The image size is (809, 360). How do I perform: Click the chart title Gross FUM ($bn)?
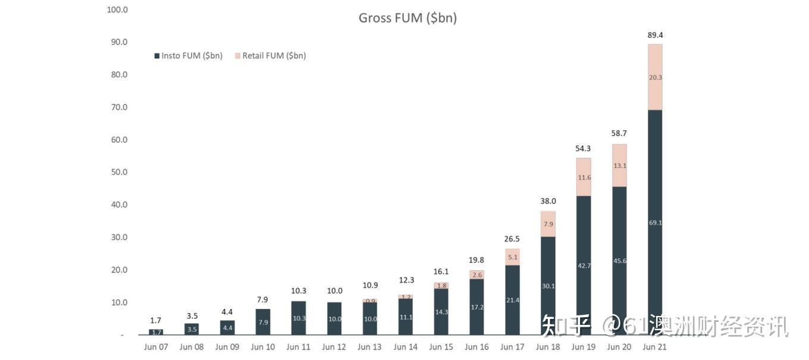point(407,18)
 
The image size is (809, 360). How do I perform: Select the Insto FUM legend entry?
point(188,56)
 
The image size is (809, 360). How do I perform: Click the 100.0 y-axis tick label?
point(117,10)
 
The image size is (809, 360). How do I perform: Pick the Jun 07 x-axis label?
point(156,347)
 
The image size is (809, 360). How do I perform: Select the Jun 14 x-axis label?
point(405,347)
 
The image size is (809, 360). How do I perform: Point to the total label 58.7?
point(619,133)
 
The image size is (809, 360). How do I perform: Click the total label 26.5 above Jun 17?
point(512,239)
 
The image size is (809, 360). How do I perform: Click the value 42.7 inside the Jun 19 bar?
point(584,265)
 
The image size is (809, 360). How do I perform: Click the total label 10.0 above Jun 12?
point(334,291)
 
